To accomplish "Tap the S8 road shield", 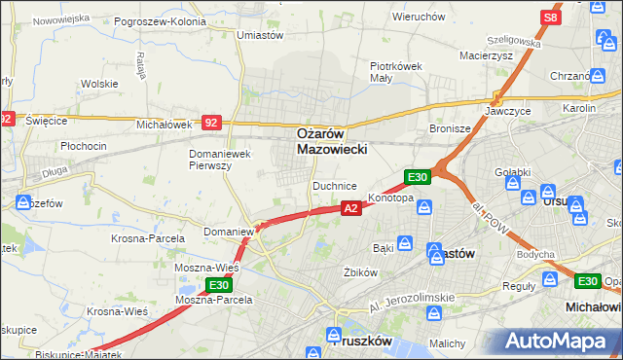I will click(551, 18).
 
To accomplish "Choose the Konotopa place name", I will click(390, 198).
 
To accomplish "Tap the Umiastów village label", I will click(260, 35).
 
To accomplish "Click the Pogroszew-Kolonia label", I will click(160, 20).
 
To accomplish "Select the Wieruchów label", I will click(419, 18).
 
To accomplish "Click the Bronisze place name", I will click(451, 127).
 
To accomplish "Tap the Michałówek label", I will click(164, 125).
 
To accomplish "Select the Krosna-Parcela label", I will click(148, 238).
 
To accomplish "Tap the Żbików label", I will click(358, 272).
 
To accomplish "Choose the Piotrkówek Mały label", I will click(394, 73).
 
